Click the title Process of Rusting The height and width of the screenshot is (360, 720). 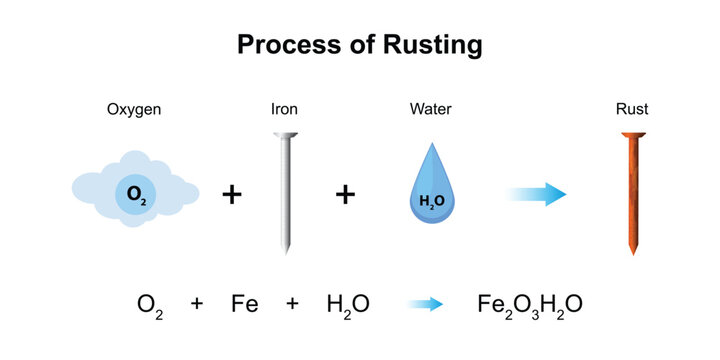(x=359, y=45)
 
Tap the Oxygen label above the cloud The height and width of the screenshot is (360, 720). (x=135, y=110)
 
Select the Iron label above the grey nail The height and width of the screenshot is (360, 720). (x=286, y=110)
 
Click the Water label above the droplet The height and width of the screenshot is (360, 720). (x=431, y=110)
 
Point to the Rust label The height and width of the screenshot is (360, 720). (x=631, y=110)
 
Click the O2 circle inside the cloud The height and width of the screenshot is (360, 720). (x=135, y=194)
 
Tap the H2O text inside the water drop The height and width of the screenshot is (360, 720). (x=432, y=201)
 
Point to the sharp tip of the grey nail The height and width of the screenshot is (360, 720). (x=287, y=250)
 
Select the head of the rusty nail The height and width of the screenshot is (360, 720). (x=632, y=136)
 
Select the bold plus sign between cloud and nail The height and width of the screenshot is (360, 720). (x=232, y=194)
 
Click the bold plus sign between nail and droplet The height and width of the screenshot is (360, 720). (x=345, y=194)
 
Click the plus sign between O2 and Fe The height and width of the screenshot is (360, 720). (x=197, y=303)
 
